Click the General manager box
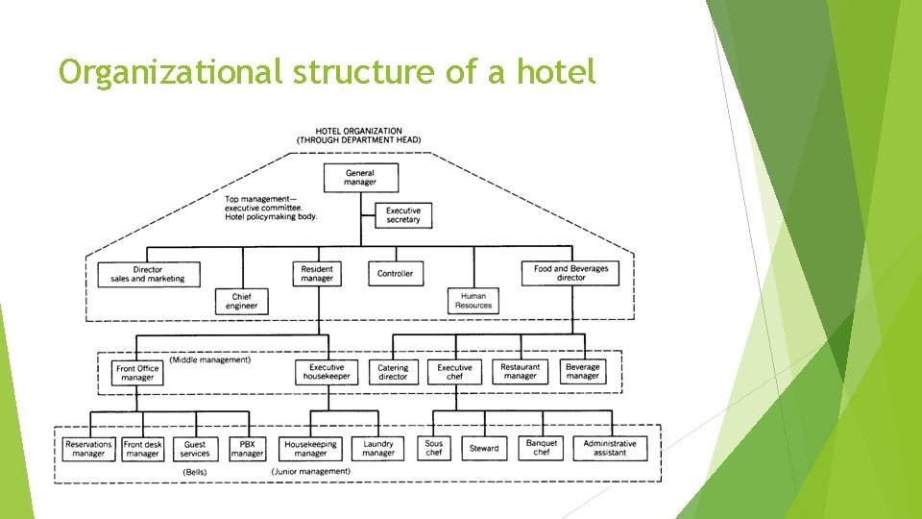tap(360, 178)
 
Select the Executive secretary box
tap(403, 215)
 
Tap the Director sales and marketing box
tap(147, 274)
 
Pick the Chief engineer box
tap(241, 302)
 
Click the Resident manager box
tap(317, 274)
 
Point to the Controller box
tap(395, 274)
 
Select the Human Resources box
tap(473, 301)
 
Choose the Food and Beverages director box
tap(570, 273)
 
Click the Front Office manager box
tap(137, 373)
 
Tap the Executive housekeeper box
tap(327, 372)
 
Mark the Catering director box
tap(393, 372)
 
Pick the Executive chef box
tap(454, 372)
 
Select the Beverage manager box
tap(582, 372)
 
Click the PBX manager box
tap(247, 449)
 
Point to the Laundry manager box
tap(378, 449)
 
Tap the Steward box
tap(484, 449)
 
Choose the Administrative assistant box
tap(610, 449)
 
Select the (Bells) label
tap(196, 473)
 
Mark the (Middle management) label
tap(209, 360)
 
